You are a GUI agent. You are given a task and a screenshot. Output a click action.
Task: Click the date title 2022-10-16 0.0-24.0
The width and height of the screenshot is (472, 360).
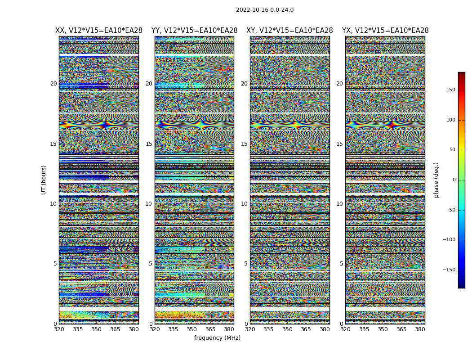click(x=265, y=10)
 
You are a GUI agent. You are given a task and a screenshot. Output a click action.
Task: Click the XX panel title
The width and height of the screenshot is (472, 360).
click(x=99, y=31)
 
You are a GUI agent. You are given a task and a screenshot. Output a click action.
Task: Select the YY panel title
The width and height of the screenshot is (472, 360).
click(x=194, y=31)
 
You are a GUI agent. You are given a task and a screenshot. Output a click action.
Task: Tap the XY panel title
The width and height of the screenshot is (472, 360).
click(x=289, y=31)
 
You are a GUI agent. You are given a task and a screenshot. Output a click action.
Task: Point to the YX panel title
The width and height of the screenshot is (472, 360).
click(x=385, y=31)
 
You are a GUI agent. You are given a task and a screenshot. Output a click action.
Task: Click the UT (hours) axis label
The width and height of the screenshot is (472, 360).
click(x=44, y=180)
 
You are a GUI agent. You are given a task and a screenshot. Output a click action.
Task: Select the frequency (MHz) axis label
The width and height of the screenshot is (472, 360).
click(x=217, y=338)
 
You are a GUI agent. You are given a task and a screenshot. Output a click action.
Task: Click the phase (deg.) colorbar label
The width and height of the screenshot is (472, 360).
click(x=436, y=180)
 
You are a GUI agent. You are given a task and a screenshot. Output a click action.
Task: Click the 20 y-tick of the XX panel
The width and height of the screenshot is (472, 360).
click(x=53, y=84)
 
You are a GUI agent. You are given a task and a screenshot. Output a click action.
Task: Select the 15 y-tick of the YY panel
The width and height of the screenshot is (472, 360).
click(x=149, y=144)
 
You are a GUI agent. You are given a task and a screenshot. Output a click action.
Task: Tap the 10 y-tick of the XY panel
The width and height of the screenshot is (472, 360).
click(x=244, y=204)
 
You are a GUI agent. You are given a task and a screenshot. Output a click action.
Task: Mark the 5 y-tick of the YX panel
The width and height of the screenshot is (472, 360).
click(x=341, y=264)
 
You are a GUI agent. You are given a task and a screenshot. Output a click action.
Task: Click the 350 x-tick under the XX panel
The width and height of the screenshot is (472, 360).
click(x=96, y=329)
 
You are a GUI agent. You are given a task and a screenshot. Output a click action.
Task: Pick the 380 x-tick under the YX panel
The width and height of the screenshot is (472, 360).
click(x=420, y=329)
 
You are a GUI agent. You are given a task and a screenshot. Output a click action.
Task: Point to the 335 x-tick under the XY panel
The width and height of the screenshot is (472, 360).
click(x=268, y=329)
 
